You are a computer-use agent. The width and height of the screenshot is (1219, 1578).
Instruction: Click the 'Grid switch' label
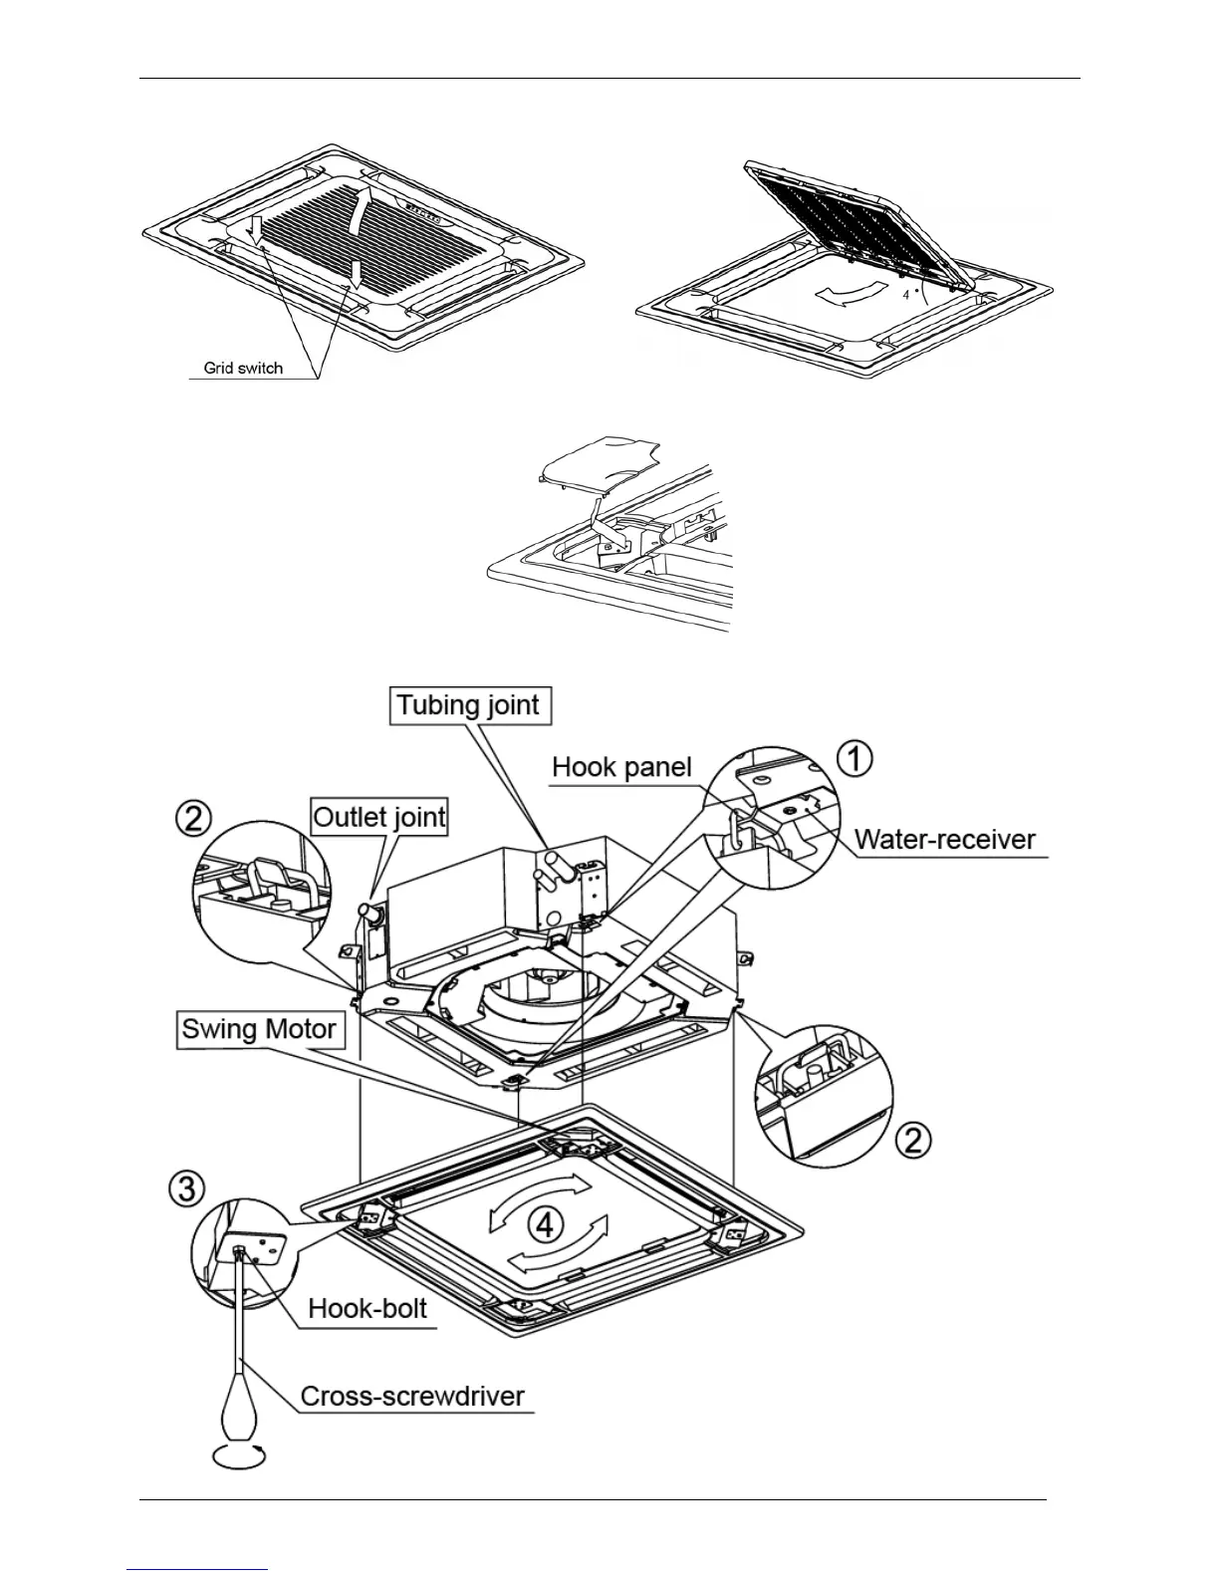[x=243, y=368]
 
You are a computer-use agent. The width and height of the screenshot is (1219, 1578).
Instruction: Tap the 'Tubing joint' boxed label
[x=467, y=706]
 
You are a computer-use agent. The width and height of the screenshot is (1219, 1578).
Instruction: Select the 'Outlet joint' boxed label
[x=379, y=818]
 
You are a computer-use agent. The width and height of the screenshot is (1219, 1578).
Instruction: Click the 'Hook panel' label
[x=621, y=768]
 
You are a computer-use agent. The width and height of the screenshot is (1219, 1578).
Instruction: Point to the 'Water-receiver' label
[x=945, y=840]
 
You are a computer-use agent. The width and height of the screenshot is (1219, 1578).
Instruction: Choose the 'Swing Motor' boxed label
[x=259, y=1029]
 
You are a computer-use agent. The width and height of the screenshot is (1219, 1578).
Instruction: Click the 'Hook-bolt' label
[x=367, y=1308]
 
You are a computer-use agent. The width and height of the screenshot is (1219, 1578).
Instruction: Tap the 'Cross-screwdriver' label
[x=412, y=1396]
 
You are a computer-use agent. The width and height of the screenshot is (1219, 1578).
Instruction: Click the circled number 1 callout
[x=853, y=759]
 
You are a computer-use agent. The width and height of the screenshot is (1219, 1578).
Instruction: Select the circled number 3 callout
[x=188, y=1188]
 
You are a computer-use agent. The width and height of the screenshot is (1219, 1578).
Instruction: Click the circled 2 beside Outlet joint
[x=193, y=820]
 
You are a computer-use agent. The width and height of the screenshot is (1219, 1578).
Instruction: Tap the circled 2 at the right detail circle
[x=913, y=1140]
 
